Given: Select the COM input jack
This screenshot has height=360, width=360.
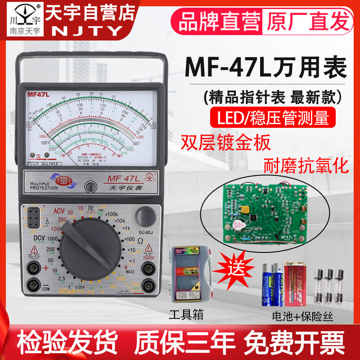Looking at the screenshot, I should [x=32, y=284].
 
